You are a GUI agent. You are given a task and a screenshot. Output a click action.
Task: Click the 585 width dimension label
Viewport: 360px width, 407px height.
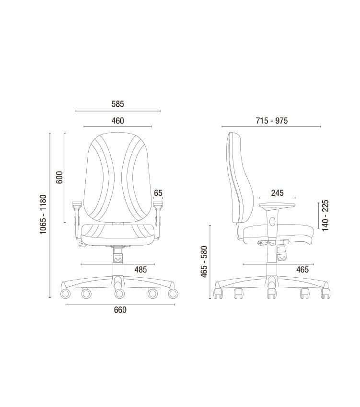pyautogui.click(x=117, y=104)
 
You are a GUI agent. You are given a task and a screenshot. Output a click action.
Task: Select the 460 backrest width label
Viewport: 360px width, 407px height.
pyautogui.click(x=117, y=121)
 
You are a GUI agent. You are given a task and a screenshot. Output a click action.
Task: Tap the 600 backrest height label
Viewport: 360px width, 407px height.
pyautogui.click(x=59, y=177)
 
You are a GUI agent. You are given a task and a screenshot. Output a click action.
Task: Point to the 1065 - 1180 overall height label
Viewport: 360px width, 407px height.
pyautogui.click(x=43, y=214)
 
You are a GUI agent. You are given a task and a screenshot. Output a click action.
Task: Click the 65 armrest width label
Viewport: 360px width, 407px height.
pyautogui.click(x=158, y=193)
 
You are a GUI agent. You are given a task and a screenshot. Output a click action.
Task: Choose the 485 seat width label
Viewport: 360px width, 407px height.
pyautogui.click(x=140, y=270)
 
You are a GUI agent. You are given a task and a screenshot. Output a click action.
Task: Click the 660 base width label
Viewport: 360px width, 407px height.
pyautogui.click(x=120, y=310)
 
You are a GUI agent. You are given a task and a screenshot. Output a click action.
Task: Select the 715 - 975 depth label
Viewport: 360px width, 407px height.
pyautogui.click(x=272, y=121)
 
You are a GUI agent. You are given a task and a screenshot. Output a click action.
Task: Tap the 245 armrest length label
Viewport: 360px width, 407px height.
pyautogui.click(x=278, y=193)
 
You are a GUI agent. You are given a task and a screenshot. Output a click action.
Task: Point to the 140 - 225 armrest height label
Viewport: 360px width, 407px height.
pyautogui.click(x=325, y=215)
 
